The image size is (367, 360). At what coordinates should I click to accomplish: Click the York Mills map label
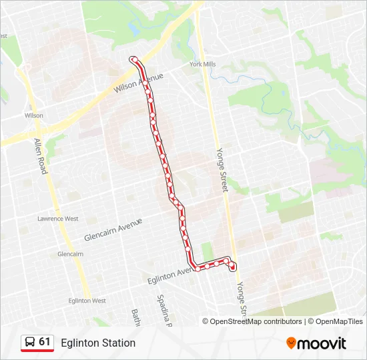click(202, 65)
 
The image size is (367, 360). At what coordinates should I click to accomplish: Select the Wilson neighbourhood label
click(34, 115)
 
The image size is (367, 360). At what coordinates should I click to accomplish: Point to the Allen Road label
click(40, 156)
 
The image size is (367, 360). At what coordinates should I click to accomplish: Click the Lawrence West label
click(57, 219)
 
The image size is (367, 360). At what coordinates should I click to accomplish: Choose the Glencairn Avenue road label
click(113, 230)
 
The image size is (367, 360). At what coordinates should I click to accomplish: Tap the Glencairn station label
click(70, 254)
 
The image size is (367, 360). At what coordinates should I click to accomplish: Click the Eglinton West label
click(87, 301)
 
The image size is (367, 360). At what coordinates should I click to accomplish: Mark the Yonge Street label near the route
click(222, 170)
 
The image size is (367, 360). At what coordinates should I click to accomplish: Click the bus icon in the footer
click(30, 343)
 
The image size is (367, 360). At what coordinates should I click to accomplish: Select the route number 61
click(45, 342)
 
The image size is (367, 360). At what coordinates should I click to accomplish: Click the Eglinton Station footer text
click(98, 343)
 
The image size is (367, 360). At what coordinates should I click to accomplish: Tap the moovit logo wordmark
click(322, 343)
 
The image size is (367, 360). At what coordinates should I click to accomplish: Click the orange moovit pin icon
click(291, 343)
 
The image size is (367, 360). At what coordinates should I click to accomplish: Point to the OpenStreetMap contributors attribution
click(252, 321)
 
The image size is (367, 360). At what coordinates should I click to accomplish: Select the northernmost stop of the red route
click(134, 60)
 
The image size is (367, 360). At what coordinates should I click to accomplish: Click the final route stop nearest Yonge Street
click(233, 267)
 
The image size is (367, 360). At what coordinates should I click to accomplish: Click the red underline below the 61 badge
click(37, 351)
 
